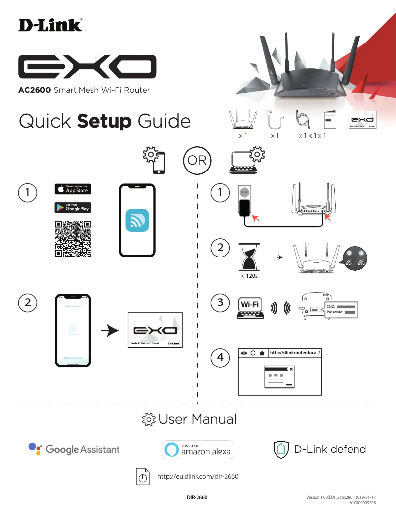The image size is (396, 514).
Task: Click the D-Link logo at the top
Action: (50, 25)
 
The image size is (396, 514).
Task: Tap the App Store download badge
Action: (73, 189)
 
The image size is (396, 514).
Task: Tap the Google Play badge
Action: (73, 207)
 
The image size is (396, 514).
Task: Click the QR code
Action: (73, 239)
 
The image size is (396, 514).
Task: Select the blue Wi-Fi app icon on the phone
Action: (137, 220)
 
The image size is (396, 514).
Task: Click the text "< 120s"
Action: (249, 276)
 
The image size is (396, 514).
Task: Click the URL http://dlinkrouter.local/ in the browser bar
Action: (296, 353)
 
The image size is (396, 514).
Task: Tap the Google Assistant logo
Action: (74, 449)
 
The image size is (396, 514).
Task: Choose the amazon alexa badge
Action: (198, 449)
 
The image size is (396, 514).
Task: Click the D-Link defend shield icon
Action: (280, 449)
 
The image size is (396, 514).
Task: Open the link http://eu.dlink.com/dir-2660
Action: (198, 477)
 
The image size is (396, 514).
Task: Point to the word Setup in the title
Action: (104, 121)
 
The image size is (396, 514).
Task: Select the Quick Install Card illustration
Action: (155, 330)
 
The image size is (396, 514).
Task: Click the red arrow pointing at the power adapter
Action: (257, 217)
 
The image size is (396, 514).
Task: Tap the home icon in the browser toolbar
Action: (262, 353)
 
